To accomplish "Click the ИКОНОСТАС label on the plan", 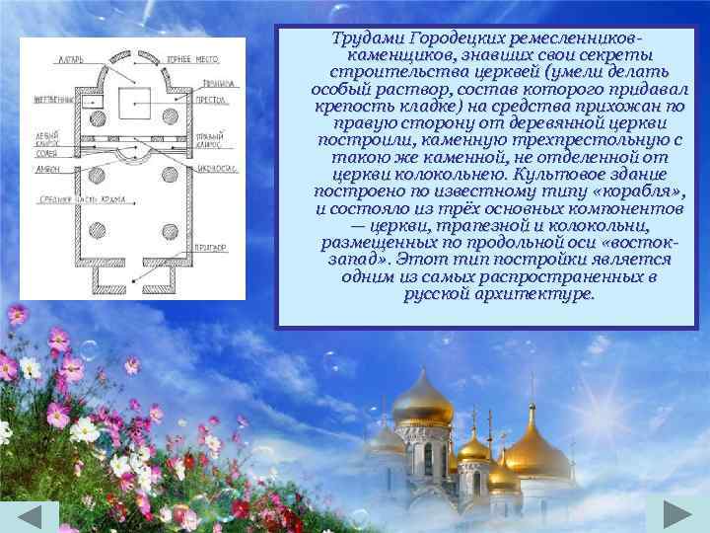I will [x=218, y=170].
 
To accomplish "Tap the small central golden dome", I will [x=474, y=449].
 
